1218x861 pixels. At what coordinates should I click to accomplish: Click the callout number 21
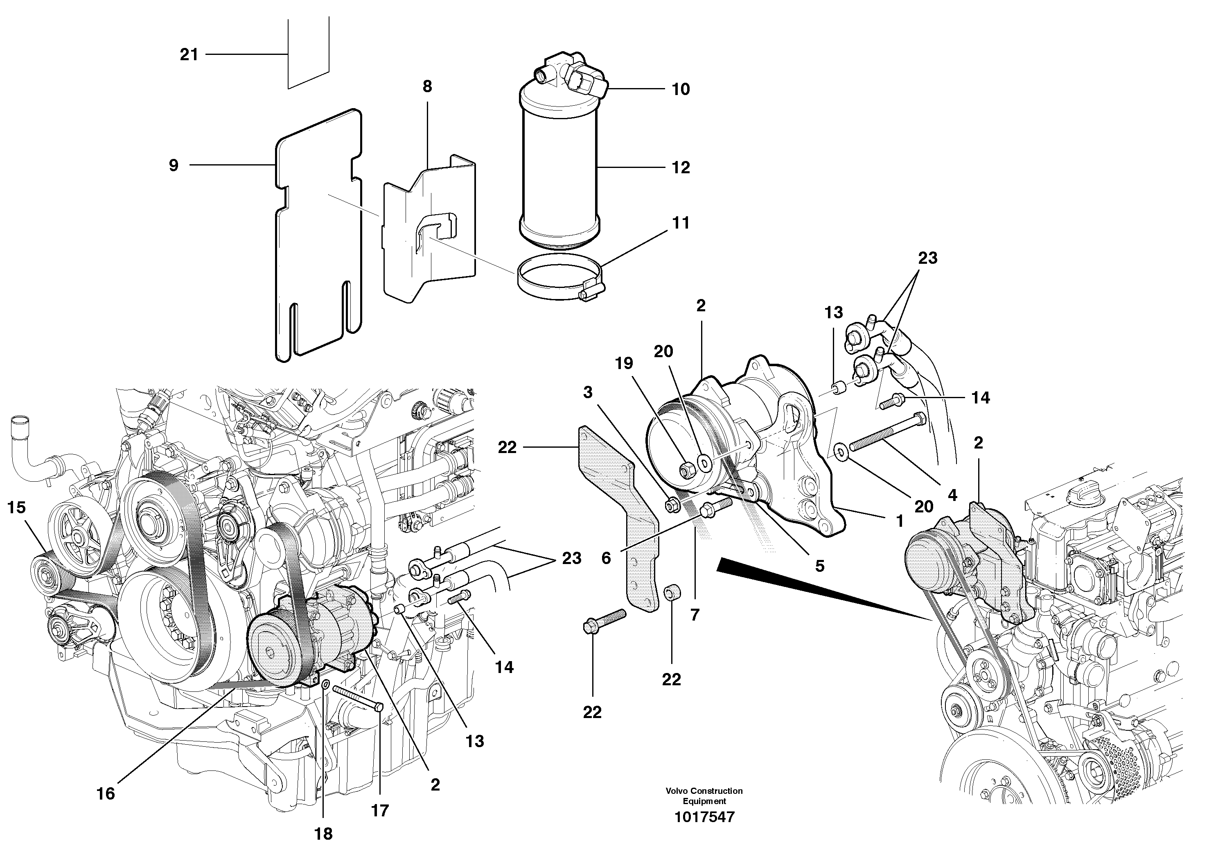pos(189,54)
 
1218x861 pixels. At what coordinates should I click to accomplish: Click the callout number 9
pos(174,165)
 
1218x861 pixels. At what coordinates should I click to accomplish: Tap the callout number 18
pos(324,834)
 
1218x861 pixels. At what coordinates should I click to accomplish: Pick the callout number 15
pos(16,508)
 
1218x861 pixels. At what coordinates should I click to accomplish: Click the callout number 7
pos(695,615)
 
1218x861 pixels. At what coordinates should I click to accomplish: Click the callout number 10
pos(681,89)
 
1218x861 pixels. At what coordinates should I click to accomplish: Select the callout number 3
pos(587,392)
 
